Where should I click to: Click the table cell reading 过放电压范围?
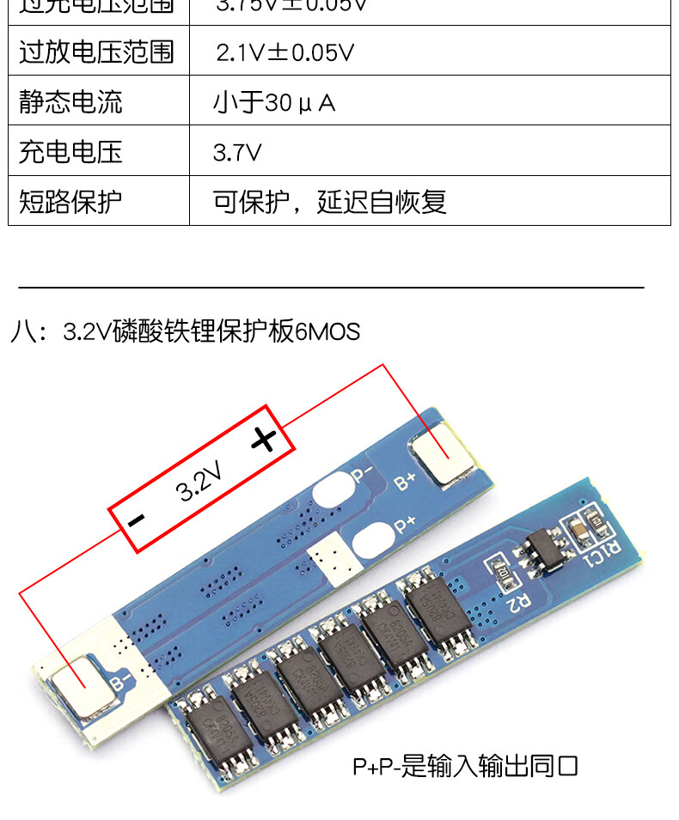[96, 52]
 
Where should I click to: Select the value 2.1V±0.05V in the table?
[284, 52]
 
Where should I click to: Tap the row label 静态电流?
[70, 102]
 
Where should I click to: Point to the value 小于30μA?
[274, 103]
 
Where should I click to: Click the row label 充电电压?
[70, 152]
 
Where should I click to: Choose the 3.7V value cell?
[237, 153]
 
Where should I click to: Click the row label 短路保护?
[70, 202]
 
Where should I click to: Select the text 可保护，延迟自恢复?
[329, 202]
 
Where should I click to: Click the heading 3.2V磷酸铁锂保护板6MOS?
[211, 331]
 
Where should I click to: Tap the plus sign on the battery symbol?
[264, 439]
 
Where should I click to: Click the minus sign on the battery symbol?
[136, 519]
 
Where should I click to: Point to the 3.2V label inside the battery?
[199, 481]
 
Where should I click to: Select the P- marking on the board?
[361, 473]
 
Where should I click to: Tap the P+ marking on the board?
[404, 522]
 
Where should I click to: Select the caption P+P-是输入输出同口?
[465, 766]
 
